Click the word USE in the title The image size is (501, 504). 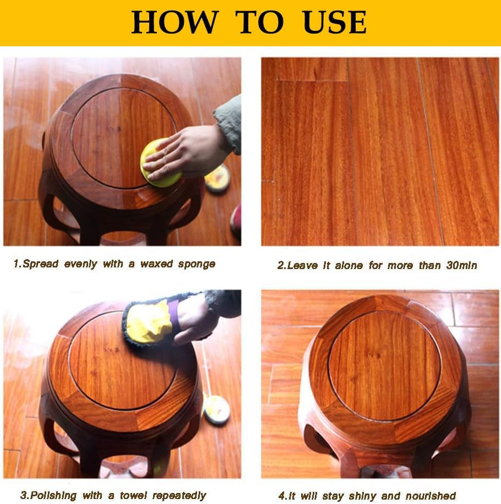[x=335, y=22]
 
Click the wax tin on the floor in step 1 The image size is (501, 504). [x=217, y=178]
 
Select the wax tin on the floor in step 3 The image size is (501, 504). [x=216, y=409]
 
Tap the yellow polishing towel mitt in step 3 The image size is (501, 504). [x=150, y=322]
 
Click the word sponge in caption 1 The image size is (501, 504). [x=197, y=264]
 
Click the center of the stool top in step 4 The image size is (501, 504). [x=384, y=366]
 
